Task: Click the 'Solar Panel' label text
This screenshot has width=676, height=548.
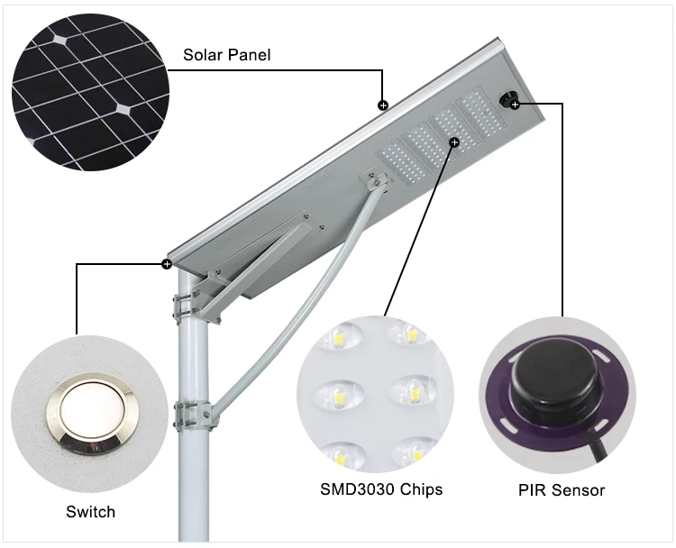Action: point(227,55)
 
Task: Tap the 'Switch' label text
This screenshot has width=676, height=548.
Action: point(90,512)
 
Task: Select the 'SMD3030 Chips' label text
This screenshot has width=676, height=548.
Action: point(381,490)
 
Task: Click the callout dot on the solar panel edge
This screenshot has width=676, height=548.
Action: point(383,105)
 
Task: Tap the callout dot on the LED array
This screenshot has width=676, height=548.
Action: point(454,142)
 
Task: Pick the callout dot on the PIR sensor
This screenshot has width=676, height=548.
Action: point(515,105)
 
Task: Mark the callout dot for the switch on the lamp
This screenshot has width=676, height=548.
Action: point(167,264)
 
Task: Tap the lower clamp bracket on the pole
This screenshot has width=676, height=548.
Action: point(192,416)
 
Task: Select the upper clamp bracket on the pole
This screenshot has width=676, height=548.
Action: point(187,304)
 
